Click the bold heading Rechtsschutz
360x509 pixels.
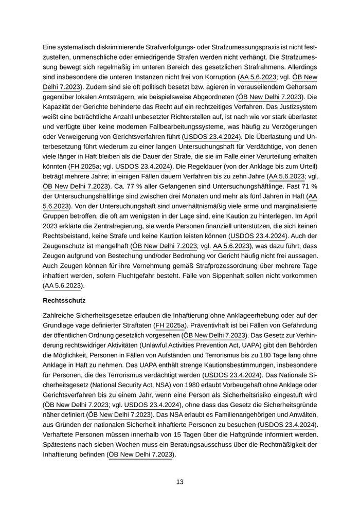(64, 300)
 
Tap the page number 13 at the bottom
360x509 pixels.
(179, 482)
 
